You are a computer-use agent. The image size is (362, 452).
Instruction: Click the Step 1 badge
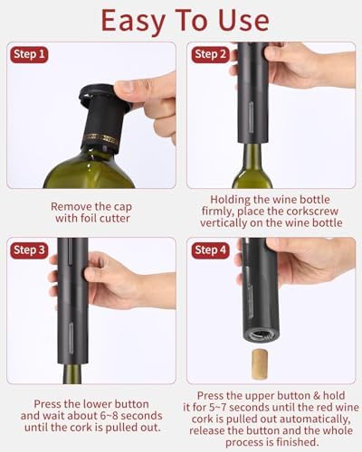(x=29, y=54)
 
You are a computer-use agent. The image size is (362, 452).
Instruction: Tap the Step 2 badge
(x=210, y=54)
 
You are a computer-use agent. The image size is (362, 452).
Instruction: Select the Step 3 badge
(x=29, y=250)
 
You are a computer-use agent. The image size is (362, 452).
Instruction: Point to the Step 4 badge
(x=210, y=250)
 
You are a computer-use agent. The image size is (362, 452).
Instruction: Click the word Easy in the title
(x=134, y=21)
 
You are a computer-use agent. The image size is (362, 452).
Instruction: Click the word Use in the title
(x=243, y=21)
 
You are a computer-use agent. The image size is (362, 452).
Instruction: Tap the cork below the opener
(x=259, y=363)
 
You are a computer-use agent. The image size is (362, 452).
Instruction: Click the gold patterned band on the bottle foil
(x=101, y=138)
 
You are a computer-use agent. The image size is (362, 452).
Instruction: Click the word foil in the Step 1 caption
(x=88, y=218)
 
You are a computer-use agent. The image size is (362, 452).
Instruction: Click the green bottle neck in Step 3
(x=72, y=373)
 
